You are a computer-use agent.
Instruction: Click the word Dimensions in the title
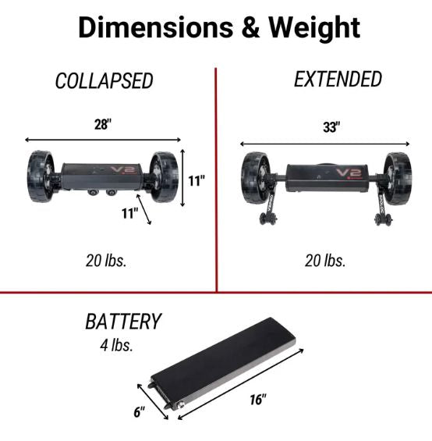point(156,27)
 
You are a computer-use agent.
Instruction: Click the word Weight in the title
point(314,28)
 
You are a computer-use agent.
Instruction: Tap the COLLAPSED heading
point(104,80)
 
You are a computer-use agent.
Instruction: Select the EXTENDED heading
point(338,79)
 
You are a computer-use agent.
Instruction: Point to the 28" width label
point(103,124)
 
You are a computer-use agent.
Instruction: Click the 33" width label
point(331,127)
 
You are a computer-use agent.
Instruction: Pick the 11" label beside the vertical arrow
point(197,181)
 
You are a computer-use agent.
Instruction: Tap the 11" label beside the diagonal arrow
point(130,213)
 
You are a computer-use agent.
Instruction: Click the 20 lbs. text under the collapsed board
point(106,261)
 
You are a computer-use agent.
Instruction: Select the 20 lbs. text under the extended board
point(325,261)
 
